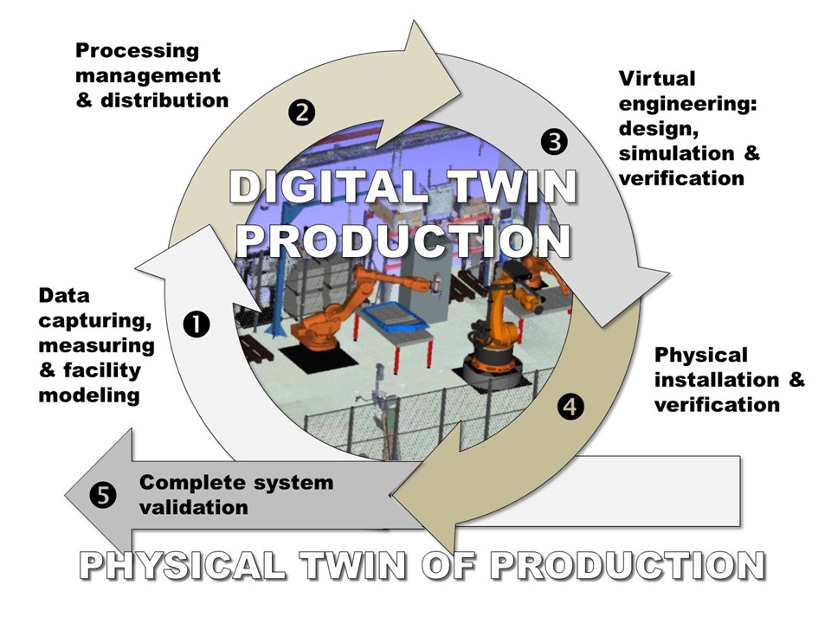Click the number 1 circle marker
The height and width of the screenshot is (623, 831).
[196, 324]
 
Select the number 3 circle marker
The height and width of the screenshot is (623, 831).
[553, 140]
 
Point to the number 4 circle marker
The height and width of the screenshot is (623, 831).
[570, 404]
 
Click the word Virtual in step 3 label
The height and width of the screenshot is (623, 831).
[656, 79]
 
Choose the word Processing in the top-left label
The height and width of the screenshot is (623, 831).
[137, 51]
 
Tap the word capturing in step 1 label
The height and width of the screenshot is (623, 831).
[95, 321]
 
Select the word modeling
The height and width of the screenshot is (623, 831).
[89, 395]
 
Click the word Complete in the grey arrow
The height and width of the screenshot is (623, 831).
[184, 482]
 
